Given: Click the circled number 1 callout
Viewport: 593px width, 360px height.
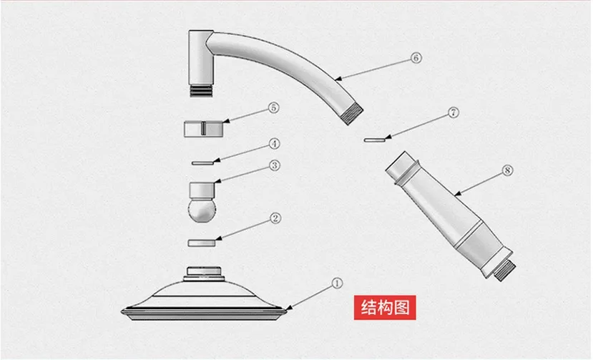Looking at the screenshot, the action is (337, 283).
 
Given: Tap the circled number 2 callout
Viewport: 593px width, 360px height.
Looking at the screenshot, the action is (275, 218).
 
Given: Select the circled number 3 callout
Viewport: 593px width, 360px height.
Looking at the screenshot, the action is (275, 165).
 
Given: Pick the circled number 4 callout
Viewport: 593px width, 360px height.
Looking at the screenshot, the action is (274, 144).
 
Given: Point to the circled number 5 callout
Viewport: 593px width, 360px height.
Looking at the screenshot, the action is (273, 108).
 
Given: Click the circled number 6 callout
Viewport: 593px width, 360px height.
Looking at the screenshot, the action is (416, 58).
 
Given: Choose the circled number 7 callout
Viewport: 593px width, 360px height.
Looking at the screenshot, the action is (454, 113).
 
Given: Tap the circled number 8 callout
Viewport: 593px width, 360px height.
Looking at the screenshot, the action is (507, 171).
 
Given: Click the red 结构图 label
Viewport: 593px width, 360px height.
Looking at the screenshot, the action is (385, 307).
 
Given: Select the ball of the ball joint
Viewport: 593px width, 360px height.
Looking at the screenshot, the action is (202, 210).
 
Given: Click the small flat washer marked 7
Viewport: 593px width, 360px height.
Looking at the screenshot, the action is (374, 140).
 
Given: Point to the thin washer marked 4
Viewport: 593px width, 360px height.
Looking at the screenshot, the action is (202, 163).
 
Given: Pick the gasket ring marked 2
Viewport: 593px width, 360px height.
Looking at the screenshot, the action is (202, 243).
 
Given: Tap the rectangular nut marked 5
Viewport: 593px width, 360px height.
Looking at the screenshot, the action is (203, 129).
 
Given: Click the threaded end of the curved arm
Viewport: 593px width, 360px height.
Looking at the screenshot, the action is (353, 115).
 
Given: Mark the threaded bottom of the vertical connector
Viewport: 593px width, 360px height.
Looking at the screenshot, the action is (201, 91).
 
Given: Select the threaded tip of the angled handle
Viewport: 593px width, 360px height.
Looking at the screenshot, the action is (505, 270).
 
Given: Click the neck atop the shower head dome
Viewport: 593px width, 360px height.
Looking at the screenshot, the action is (204, 273).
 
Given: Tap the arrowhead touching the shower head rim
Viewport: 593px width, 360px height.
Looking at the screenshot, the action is (289, 308).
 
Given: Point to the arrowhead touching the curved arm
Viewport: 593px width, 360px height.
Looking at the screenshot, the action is (338, 79).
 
